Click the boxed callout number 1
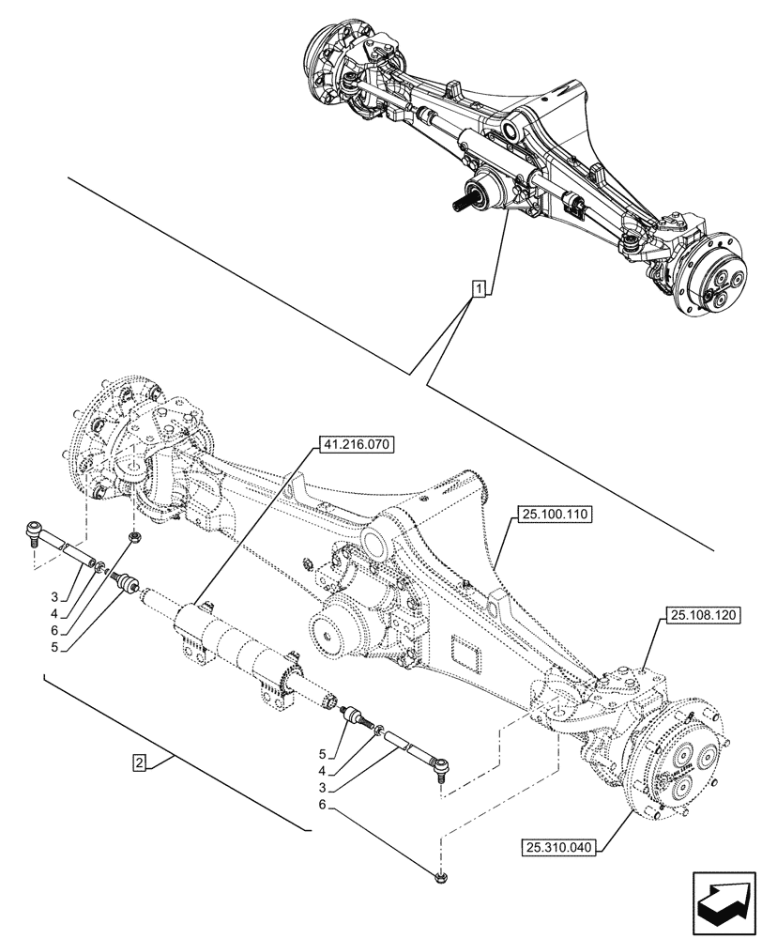[480, 289]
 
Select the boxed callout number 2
[139, 762]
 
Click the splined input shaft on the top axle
[466, 200]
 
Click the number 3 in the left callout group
[55, 596]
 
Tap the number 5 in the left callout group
[55, 647]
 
